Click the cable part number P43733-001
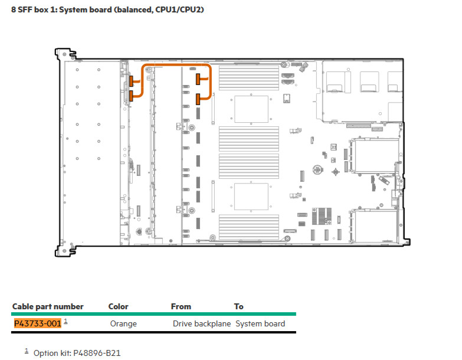[x=38, y=323]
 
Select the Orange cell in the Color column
[x=123, y=323]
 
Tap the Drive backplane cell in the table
[x=202, y=323]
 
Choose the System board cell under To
[x=260, y=323]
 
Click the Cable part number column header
[x=48, y=306]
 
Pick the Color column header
[x=118, y=306]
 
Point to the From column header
[x=181, y=306]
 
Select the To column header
[x=238, y=306]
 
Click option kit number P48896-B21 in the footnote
[x=97, y=353]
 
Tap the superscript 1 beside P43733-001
[x=65, y=321]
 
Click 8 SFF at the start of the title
[x=22, y=9]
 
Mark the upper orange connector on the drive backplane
[x=131, y=81]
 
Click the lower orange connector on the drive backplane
[x=131, y=96]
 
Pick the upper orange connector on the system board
[x=198, y=79]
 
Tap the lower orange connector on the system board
[x=198, y=99]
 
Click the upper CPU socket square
[x=251, y=109]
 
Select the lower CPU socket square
[x=251, y=197]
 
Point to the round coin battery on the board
[x=317, y=170]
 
